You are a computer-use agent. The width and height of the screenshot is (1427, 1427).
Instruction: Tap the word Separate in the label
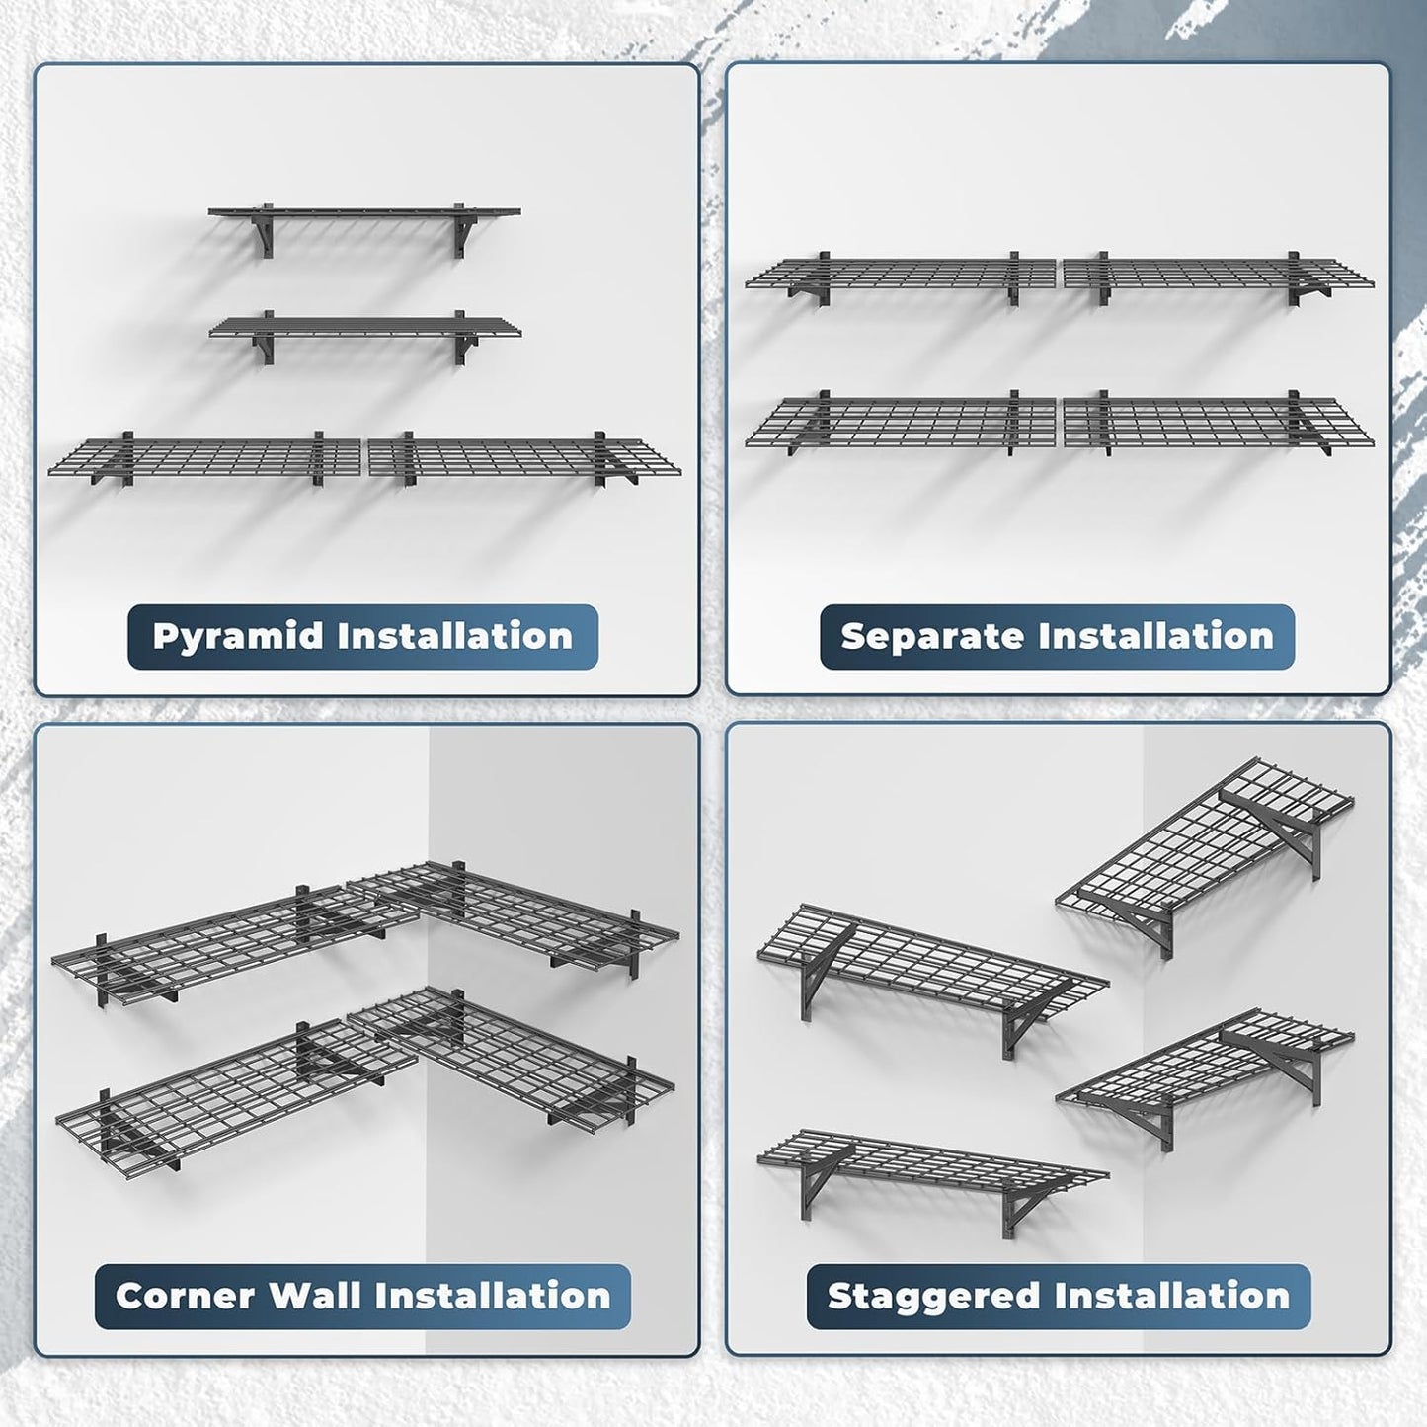pos(918,636)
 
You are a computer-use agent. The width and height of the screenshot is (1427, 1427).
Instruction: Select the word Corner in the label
pos(185,1296)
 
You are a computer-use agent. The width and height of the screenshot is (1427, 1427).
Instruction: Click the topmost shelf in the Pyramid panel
pos(363,212)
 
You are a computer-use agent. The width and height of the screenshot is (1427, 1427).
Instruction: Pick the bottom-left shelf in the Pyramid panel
pos(205,457)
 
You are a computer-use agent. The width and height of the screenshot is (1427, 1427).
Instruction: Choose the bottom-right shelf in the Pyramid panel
pos(523,457)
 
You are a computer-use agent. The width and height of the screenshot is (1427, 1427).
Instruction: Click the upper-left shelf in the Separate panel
pos(901,274)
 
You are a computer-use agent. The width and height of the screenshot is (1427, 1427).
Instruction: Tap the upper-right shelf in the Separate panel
pos(1217,274)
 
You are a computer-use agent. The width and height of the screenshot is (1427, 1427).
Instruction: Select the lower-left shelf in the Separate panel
pos(901,422)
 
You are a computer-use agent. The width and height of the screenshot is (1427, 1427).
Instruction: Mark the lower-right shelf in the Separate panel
pos(1217,422)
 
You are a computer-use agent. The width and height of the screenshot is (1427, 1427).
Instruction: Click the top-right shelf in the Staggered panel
pos(1205,839)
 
